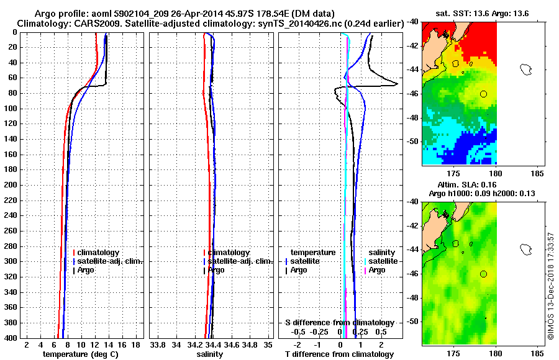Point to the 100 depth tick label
pyautogui.click(x=11, y=109)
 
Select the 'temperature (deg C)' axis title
pyautogui.click(x=80, y=354)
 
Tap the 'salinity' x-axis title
pyautogui.click(x=209, y=354)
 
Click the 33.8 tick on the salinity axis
pyautogui.click(x=158, y=344)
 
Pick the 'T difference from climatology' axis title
pyautogui.click(x=339, y=354)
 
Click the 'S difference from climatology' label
pyautogui.click(x=339, y=323)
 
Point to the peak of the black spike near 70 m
pyautogui.click(x=397, y=84)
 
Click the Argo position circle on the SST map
pyautogui.click(x=483, y=94)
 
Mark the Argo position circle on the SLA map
pyautogui.click(x=483, y=274)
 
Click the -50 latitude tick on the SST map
pyautogui.click(x=412, y=142)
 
